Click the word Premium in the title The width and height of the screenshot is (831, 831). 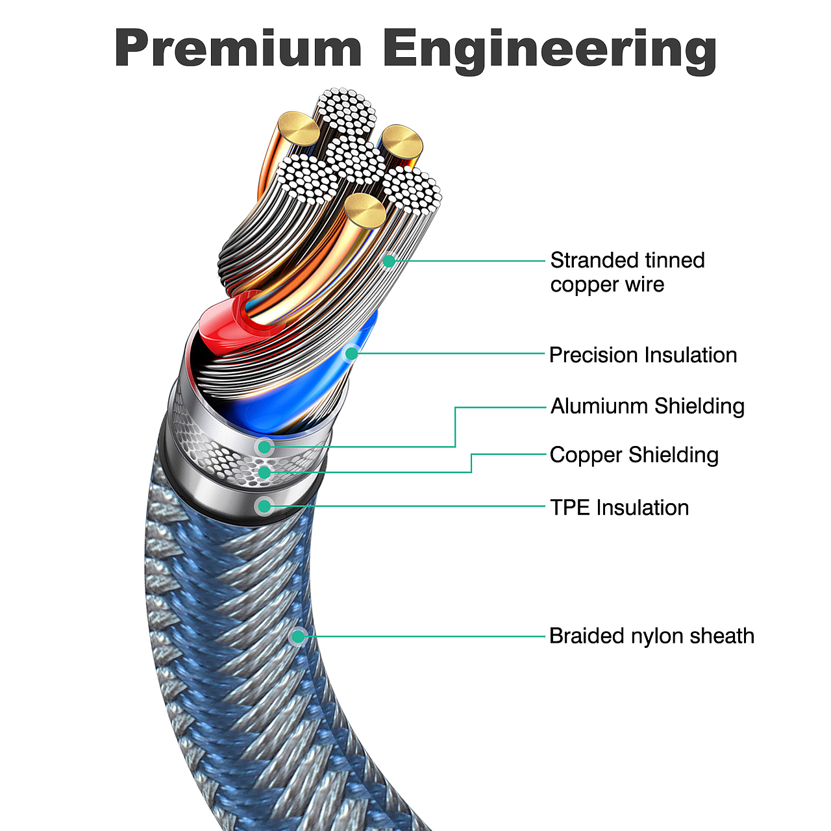pos(238,49)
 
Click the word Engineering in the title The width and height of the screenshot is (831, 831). pos(549,51)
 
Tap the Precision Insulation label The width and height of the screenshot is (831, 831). pos(643,355)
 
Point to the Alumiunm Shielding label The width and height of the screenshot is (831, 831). pos(647,406)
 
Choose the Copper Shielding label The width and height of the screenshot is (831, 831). pos(634,455)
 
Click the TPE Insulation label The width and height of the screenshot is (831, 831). pos(619,507)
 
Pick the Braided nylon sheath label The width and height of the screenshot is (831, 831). pos(651,636)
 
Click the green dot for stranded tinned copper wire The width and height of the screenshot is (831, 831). pos(389,261)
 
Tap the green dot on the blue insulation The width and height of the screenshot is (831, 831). pos(351,353)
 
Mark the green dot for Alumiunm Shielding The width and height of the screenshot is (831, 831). pos(264,447)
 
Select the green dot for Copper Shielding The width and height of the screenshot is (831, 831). pos(264,473)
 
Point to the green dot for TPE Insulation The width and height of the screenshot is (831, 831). pos(264,506)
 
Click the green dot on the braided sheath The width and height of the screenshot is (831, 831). pos(298,636)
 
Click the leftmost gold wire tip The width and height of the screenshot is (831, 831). pos(298,128)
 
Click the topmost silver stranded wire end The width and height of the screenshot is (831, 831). pos(345,107)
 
